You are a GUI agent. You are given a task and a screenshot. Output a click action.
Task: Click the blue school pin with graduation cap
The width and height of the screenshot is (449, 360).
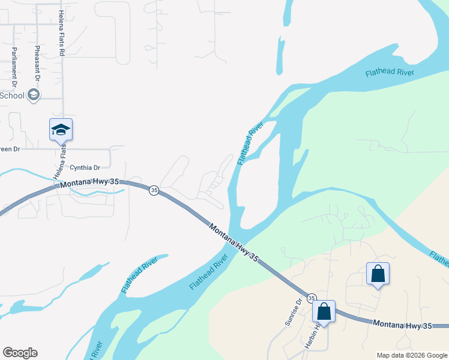coord(61,130)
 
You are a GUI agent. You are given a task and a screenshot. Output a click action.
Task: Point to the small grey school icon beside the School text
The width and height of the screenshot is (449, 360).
coord(34,95)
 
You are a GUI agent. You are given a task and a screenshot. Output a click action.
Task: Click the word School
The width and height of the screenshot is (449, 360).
coord(12,95)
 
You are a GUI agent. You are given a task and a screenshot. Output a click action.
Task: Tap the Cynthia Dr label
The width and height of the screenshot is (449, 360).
coord(85,168)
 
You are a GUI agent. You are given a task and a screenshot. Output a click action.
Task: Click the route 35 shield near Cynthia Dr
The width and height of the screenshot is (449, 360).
coord(154,190)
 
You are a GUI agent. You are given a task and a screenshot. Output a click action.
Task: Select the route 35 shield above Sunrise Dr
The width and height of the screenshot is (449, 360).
coord(312,298)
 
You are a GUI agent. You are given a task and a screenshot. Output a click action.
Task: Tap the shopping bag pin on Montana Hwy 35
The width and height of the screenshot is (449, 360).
coord(324,312)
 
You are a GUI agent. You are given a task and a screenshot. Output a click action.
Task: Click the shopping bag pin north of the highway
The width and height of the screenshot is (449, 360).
coord(378,274)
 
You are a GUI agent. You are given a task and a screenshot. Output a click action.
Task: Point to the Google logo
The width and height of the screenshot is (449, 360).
coord(20,353)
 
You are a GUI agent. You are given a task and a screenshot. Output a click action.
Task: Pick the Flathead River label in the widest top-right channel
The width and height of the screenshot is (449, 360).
coord(390,73)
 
